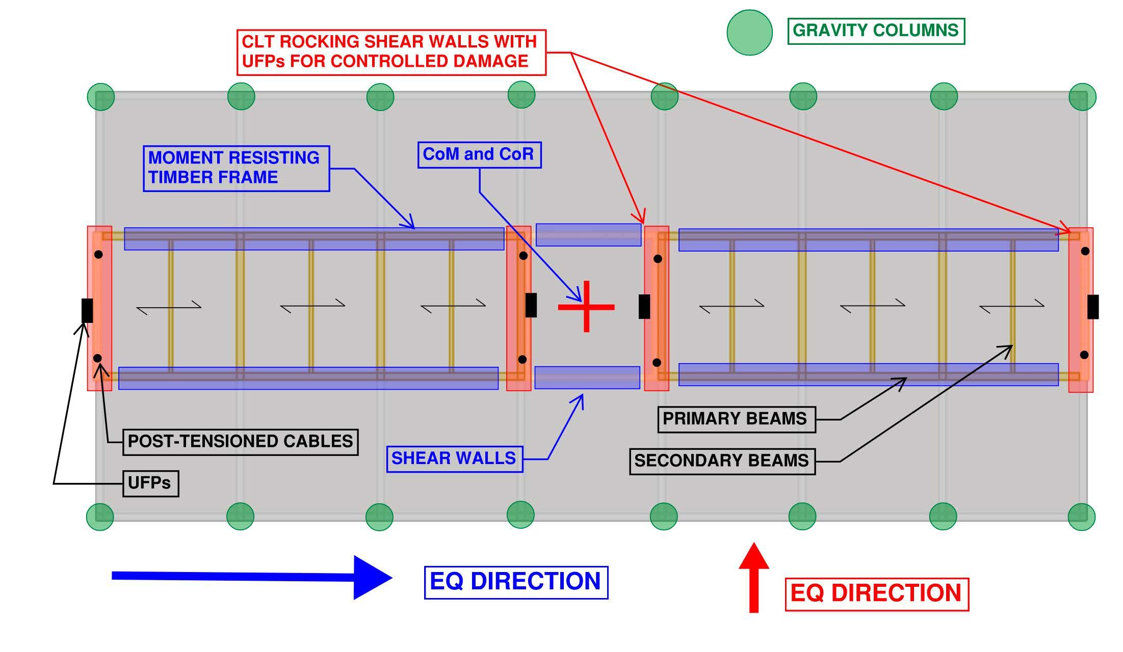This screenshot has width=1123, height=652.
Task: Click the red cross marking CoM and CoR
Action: pyautogui.click(x=586, y=307)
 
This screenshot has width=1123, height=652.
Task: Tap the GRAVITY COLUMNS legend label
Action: pyautogui.click(x=876, y=31)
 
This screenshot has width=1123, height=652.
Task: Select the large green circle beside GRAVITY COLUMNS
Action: pyautogui.click(x=749, y=32)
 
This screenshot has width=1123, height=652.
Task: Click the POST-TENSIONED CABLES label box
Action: pyautogui.click(x=240, y=442)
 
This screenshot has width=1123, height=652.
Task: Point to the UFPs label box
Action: pyautogui.click(x=150, y=483)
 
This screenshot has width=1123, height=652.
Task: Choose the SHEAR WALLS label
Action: pyautogui.click(x=454, y=459)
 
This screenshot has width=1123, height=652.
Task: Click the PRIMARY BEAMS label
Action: pyautogui.click(x=736, y=419)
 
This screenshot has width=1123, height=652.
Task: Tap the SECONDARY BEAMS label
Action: pyautogui.click(x=722, y=461)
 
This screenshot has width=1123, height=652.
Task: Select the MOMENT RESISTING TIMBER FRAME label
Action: pyautogui.click(x=236, y=169)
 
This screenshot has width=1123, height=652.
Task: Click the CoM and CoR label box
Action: pyautogui.click(x=479, y=155)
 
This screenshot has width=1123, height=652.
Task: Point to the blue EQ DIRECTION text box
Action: pyautogui.click(x=516, y=582)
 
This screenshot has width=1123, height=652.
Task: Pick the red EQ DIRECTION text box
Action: pyautogui.click(x=876, y=594)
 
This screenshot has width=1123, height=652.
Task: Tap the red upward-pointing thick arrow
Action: pyautogui.click(x=753, y=577)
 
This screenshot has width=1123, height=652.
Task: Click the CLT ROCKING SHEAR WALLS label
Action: pyautogui.click(x=391, y=52)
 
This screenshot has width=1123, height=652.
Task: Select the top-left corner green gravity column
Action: pyautogui.click(x=100, y=97)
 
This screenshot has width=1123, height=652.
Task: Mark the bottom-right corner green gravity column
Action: pyautogui.click(x=1081, y=517)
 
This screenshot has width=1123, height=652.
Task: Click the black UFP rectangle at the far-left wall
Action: pyautogui.click(x=87, y=310)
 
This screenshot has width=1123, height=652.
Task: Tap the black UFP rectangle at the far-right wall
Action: pyautogui.click(x=1093, y=307)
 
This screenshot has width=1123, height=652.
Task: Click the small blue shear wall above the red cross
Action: pyautogui.click(x=588, y=235)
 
